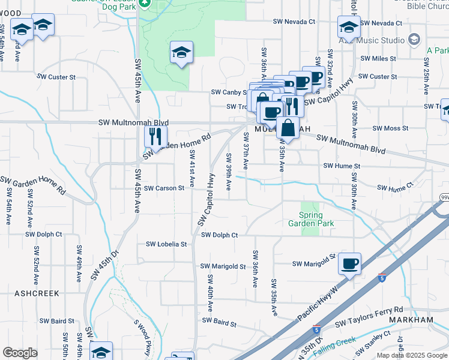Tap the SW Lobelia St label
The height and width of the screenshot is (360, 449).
tap(167, 244)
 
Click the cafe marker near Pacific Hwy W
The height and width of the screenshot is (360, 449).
tap(349, 263)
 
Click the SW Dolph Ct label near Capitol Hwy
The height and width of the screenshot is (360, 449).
tap(220, 235)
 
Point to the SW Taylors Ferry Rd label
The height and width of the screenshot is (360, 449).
tap(369, 311)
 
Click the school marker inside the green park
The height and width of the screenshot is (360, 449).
tap(181, 52)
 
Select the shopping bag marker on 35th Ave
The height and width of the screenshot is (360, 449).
tap(288, 128)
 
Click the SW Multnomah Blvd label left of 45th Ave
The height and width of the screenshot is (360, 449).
tap(134, 122)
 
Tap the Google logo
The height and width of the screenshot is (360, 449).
tap(20, 352)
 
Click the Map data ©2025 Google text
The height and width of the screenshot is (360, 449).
tap(412, 355)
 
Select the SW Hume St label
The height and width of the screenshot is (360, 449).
tap(342, 166)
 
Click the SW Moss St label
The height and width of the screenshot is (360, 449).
tap(390, 128)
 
